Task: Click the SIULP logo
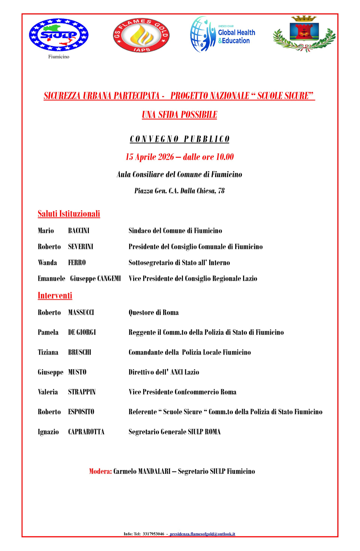[59, 35]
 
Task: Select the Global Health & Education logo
[223, 34]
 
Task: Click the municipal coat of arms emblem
[304, 34]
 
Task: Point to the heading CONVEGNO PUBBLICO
[180, 139]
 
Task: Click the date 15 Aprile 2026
[150, 157]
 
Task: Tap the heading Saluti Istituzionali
[69, 214]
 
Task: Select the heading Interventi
[55, 295]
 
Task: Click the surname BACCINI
[79, 231]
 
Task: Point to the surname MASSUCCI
[81, 312]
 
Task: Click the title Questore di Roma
[153, 312]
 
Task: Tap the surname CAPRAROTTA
[86, 432]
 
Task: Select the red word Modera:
[100, 471]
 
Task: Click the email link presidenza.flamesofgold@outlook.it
[202, 534]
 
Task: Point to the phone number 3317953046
[153, 534]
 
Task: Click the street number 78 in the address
[221, 191]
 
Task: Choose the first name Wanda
[47, 262]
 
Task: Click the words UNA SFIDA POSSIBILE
[180, 115]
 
